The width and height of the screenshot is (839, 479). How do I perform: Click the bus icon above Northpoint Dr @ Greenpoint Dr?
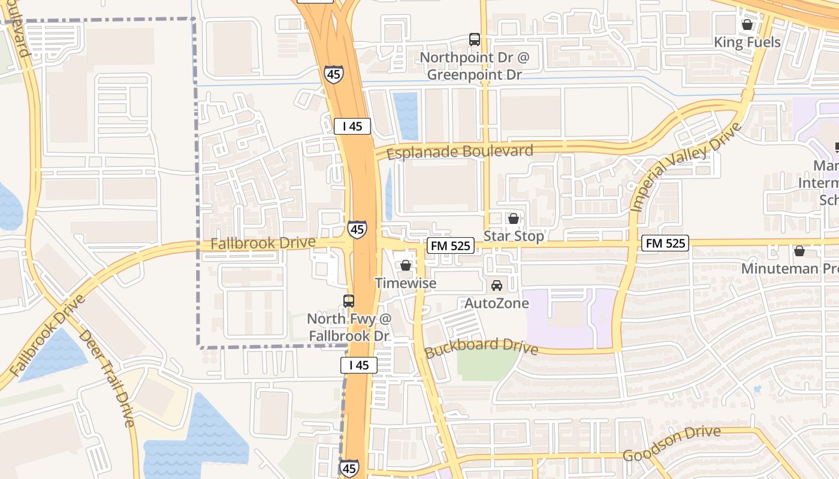[475, 40]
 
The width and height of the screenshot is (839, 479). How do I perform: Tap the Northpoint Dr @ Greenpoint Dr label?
[475, 66]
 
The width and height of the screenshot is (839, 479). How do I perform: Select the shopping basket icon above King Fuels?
[747, 25]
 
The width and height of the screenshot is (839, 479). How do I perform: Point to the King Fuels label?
[747, 43]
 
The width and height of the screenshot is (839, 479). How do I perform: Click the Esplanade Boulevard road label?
[460, 151]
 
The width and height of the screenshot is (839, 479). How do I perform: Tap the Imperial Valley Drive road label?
[686, 167]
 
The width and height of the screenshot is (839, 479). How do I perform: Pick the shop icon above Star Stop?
[514, 219]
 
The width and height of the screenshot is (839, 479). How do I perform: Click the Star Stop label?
[514, 236]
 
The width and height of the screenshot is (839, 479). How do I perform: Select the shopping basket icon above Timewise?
[406, 265]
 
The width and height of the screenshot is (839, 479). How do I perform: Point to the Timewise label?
[406, 283]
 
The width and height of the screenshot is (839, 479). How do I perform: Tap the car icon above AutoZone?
[497, 286]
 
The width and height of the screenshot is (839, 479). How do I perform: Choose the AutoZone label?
[497, 304]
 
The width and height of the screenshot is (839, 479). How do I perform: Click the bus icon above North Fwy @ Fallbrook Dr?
[349, 301]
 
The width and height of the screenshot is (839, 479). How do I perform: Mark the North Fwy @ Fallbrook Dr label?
[349, 327]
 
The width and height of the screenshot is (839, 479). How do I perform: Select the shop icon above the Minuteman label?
[799, 251]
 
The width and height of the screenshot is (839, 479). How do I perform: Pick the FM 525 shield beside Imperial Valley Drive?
[665, 243]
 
